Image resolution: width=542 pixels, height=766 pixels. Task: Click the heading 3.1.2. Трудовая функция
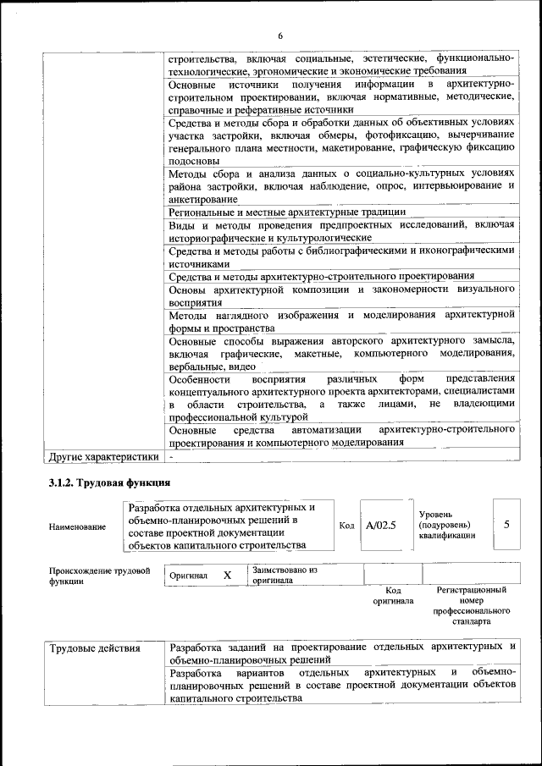pos(109,483)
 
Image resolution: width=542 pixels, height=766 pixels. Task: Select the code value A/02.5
pos(381,526)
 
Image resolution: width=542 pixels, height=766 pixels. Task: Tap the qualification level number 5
pos(506,525)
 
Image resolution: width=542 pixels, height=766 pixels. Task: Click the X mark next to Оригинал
pos(227,575)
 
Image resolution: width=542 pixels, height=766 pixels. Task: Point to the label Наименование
pos(78,526)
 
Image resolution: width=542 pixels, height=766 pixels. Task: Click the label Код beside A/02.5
pos(346,526)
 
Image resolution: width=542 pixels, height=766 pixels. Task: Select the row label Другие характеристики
pos(104,458)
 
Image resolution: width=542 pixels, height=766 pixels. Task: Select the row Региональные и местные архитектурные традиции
pos(287,212)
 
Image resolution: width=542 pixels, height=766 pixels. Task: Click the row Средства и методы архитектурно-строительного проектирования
pos(321,275)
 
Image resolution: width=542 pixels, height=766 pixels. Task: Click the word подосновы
pos(194,160)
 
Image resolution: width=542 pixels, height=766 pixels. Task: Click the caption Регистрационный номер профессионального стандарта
pos(471,604)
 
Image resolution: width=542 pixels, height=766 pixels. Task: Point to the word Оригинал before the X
pos(188,576)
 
